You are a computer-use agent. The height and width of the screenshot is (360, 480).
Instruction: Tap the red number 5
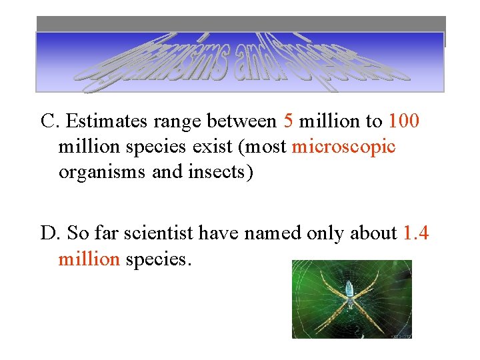[288, 121]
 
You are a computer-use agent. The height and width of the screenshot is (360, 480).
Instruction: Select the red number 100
[405, 121]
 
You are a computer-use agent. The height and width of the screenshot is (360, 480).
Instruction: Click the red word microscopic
[343, 147]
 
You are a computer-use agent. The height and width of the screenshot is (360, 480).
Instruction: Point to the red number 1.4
[417, 233]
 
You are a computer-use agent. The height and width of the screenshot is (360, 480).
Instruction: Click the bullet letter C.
[48, 121]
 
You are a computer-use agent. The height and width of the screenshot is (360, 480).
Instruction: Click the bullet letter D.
[49, 233]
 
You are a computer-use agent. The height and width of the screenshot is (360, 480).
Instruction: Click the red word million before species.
[87, 259]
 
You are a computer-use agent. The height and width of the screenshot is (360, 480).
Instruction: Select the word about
[375, 233]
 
